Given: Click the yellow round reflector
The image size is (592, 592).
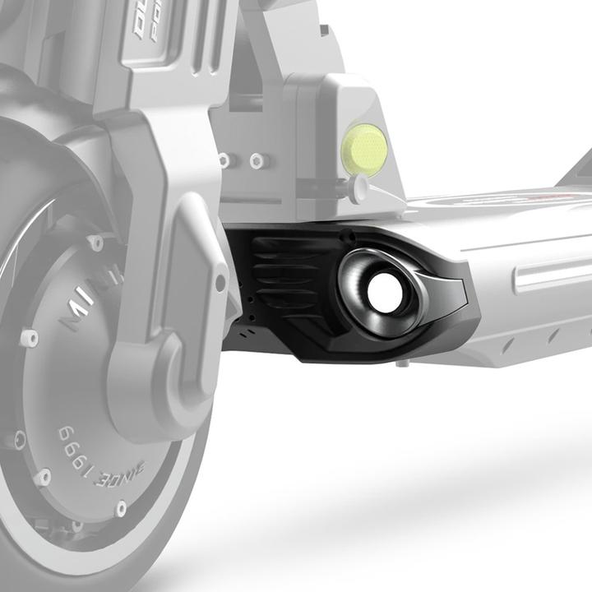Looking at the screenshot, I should coord(363,150).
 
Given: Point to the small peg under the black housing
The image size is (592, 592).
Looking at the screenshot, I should coord(400,363).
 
